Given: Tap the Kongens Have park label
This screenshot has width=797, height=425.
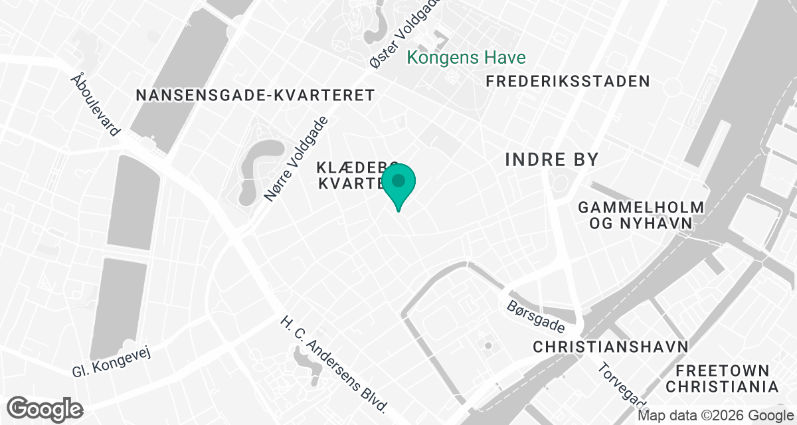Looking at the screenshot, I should [x=466, y=58].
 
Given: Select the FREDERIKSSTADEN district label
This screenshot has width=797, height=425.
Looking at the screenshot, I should [x=567, y=82].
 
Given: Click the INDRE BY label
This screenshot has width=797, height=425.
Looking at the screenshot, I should [x=552, y=159].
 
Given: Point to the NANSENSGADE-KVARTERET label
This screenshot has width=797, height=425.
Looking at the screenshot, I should [x=256, y=96].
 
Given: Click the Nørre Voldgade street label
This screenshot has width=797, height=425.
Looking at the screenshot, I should [x=296, y=159].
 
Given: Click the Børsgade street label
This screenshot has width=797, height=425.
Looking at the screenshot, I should [x=535, y=317].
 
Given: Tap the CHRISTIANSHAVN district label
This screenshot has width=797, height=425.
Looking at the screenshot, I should [x=610, y=347].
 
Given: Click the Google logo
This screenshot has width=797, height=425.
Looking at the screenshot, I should [x=45, y=408].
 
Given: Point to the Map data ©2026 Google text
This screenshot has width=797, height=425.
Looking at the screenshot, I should [x=715, y=416].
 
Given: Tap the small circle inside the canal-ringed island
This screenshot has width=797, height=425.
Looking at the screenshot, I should [x=488, y=346].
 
